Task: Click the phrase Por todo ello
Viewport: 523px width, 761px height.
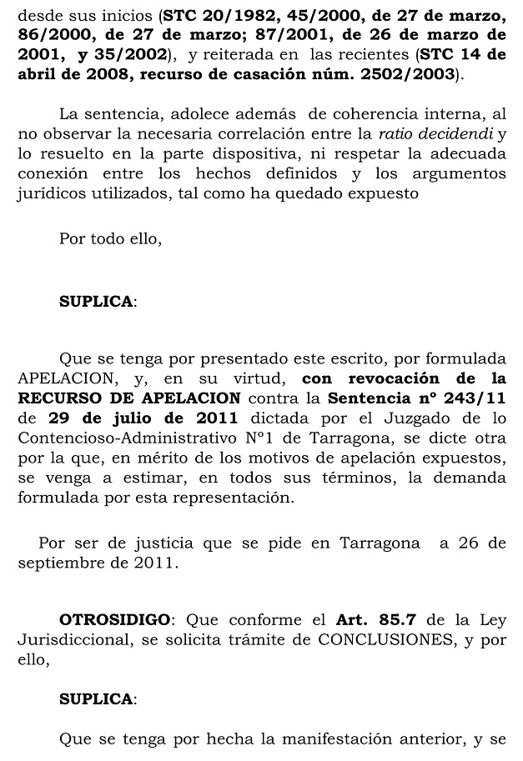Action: (110, 238)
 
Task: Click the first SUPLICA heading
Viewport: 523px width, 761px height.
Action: (96, 302)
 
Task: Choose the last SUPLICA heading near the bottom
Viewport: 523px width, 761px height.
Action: (96, 698)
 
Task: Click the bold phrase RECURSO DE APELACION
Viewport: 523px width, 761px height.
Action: (129, 398)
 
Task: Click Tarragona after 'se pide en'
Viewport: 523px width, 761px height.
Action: (380, 543)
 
